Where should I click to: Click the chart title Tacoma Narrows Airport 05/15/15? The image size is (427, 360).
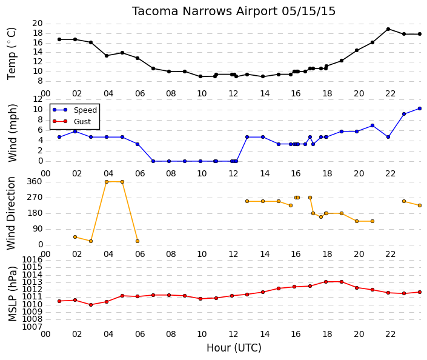coord(234,11)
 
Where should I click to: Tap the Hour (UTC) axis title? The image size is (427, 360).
coord(234,348)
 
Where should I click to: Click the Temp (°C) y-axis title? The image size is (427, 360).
coord(12,54)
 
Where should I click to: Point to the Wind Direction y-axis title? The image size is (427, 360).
coord(11,213)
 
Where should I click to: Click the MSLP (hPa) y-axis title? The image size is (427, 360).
coord(12,294)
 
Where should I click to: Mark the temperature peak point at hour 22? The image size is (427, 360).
coord(388,29)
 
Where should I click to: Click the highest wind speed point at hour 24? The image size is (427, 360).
coord(420,108)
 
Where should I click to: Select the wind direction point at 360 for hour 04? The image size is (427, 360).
coord(107,182)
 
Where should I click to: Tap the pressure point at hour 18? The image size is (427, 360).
coord(326,282)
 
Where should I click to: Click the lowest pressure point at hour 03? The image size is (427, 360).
coord(91,305)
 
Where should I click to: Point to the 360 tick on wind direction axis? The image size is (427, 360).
coord(35,181)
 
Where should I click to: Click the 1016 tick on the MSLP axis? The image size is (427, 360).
coord(33,259)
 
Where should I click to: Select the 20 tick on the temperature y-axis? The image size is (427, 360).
coord(38,24)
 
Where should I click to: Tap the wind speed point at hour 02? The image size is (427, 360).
coord(75,132)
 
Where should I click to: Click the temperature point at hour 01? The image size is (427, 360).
coord(59,39)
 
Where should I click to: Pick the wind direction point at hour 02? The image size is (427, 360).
coord(75,237)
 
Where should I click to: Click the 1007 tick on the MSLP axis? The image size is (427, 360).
coord(33,327)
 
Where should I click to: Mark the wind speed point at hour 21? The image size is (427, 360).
coord(372,125)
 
